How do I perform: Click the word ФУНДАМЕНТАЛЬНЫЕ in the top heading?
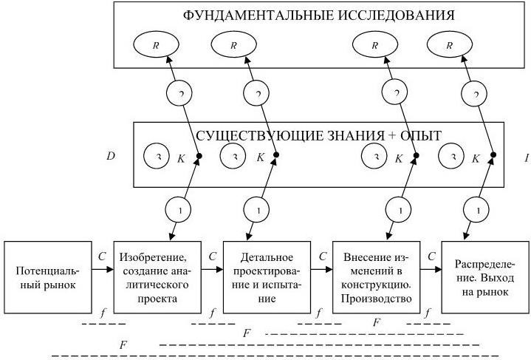(248, 15)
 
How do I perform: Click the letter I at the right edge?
(526, 157)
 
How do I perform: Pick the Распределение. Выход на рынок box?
(484, 277)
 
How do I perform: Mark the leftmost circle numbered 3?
(157, 157)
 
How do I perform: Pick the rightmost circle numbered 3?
(451, 157)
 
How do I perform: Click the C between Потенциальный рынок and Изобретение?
(102, 257)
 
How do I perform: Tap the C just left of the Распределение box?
(431, 257)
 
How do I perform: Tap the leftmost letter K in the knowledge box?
(180, 157)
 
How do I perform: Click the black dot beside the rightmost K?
(493, 154)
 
